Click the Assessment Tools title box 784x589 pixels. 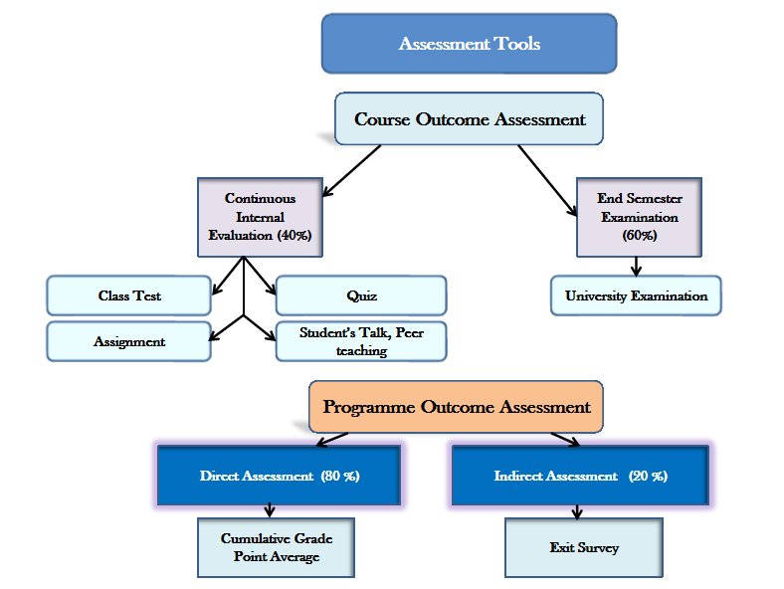coord(469,44)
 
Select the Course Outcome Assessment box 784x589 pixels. coord(470,120)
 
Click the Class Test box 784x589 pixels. coord(129,295)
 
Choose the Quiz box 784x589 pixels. coord(361,295)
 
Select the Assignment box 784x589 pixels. coord(129,341)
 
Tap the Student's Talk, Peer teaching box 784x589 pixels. coord(361,341)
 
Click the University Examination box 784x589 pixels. coord(636,295)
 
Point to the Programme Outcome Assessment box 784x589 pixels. coord(456,407)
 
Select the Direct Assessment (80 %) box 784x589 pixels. coord(279,476)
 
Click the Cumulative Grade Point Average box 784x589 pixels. coord(276,547)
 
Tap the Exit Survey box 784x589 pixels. coord(582,547)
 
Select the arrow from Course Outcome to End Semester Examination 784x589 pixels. coord(548,179)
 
